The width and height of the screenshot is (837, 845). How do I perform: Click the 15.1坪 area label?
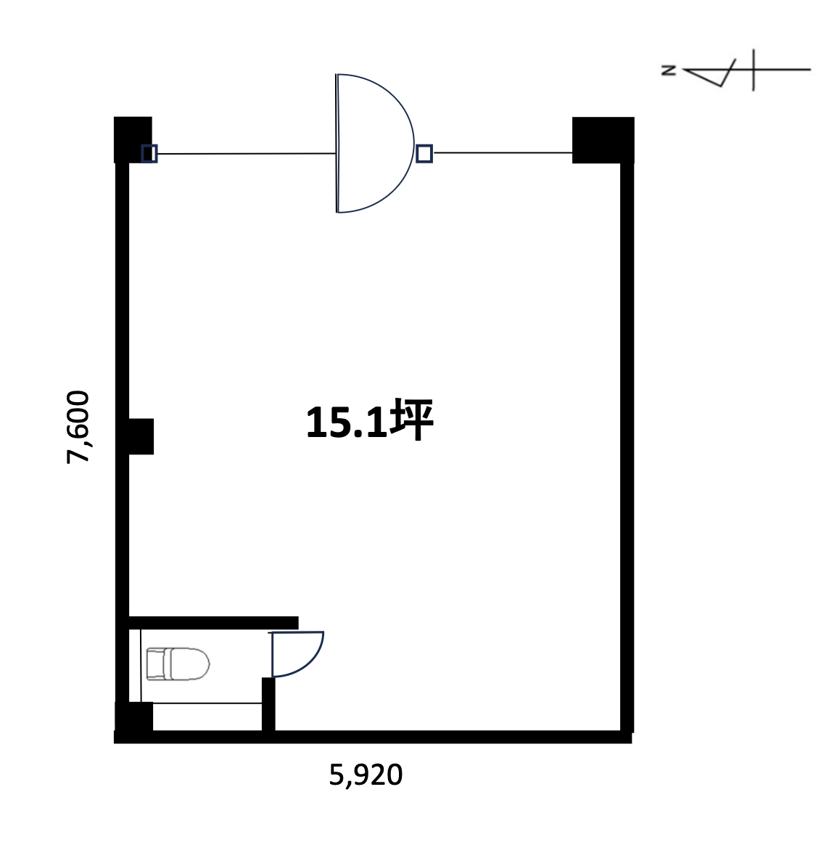[370, 420]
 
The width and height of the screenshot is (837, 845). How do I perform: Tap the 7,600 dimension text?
[78, 427]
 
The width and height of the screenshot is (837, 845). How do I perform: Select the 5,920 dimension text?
[366, 775]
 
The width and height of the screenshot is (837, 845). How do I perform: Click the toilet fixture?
[178, 664]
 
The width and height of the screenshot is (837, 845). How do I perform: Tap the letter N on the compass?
[669, 70]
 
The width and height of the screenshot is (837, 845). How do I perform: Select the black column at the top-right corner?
[603, 139]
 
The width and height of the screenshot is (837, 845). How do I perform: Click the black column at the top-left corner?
[133, 139]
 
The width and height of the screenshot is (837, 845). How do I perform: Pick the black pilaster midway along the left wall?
[141, 436]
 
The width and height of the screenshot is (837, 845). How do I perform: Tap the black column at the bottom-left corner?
[134, 717]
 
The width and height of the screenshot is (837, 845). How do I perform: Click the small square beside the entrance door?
[424, 154]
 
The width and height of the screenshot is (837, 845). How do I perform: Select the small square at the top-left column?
[149, 154]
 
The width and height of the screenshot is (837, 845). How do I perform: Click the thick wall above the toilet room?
[214, 623]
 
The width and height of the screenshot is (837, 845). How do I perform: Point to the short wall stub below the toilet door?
[268, 704]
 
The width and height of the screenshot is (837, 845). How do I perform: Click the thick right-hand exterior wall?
[627, 447]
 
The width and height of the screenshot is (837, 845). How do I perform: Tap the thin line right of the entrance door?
[503, 153]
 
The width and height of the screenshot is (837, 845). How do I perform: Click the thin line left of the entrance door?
[247, 154]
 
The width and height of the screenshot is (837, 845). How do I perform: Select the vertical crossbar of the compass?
[753, 70]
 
